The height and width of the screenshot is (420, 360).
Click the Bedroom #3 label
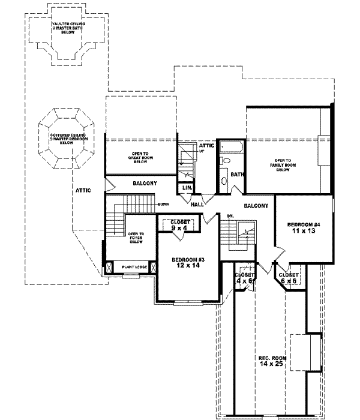pyautogui.click(x=188, y=263)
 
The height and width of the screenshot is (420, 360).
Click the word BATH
pyautogui.click(x=237, y=175)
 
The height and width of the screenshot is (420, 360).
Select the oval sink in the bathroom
pyautogui.click(x=223, y=179)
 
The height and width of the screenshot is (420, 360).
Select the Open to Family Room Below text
pyautogui.click(x=283, y=165)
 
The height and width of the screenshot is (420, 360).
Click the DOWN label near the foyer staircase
pyautogui.click(x=163, y=205)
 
